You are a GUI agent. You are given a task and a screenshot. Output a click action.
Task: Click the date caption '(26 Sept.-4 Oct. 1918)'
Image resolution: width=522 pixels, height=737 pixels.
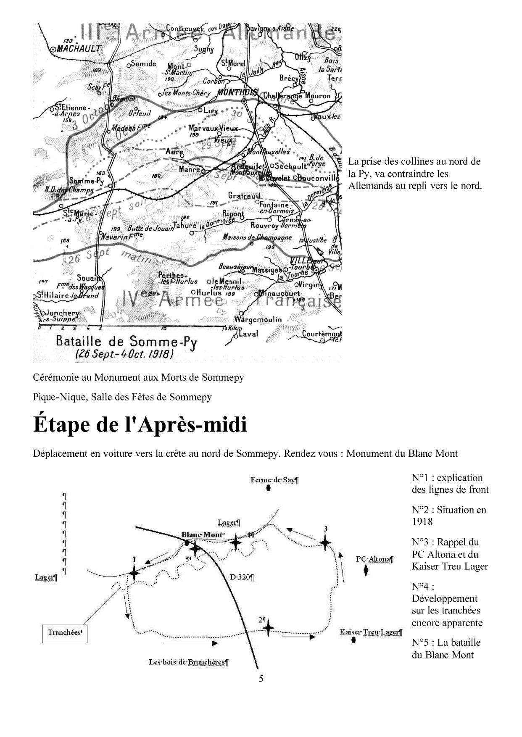(x=124, y=354)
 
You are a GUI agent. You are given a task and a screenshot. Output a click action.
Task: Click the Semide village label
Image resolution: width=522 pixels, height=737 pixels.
(x=143, y=64)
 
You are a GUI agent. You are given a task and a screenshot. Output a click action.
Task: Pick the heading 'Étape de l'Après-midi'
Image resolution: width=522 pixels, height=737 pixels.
(x=140, y=425)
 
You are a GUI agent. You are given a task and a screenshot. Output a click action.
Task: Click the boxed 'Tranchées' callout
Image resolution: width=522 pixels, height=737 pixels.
(x=65, y=632)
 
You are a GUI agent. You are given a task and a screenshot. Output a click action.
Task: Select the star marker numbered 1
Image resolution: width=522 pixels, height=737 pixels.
(x=134, y=572)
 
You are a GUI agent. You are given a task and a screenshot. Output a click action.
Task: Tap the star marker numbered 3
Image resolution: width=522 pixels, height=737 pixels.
(x=325, y=542)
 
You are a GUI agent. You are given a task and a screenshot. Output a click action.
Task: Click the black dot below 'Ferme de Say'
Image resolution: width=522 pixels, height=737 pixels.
(x=269, y=488)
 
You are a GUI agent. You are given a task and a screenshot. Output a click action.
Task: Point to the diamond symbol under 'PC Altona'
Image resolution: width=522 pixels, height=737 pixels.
(x=366, y=571)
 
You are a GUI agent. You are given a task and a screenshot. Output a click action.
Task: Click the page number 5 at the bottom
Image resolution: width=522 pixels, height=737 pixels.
(x=261, y=679)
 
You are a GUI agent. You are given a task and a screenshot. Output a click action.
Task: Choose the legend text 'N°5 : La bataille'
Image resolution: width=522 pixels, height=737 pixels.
(x=446, y=642)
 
